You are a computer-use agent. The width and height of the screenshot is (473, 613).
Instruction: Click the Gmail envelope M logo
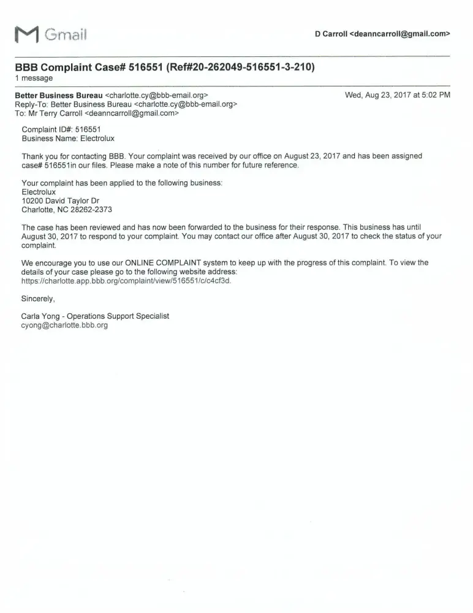pyautogui.click(x=26, y=36)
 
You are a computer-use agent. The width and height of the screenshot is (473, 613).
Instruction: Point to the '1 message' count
pyautogui.click(x=34, y=78)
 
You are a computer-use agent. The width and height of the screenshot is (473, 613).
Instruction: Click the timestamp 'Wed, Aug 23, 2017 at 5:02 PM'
pyautogui.click(x=398, y=95)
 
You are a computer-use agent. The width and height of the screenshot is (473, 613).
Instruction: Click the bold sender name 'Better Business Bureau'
pyautogui.click(x=58, y=96)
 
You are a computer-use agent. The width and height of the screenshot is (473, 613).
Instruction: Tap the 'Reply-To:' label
pyautogui.click(x=31, y=104)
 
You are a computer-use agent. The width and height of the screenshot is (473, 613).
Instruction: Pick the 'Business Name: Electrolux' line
pyautogui.click(x=68, y=139)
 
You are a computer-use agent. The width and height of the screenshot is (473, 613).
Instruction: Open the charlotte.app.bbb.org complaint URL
pyautogui.click(x=126, y=281)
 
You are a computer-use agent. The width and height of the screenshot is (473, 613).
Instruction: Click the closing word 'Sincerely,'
pyautogui.click(x=39, y=299)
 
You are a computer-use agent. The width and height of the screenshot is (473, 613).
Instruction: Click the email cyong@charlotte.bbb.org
pyautogui.click(x=64, y=326)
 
